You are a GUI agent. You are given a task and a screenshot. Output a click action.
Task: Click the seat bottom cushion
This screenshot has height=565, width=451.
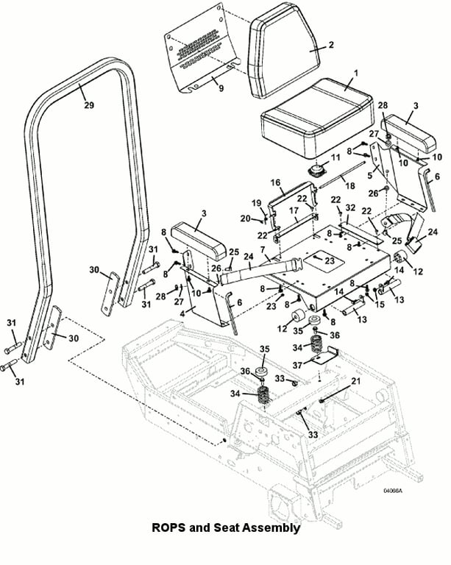(x=317, y=118)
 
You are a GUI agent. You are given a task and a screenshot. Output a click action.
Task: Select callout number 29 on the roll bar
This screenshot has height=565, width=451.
(x=89, y=105)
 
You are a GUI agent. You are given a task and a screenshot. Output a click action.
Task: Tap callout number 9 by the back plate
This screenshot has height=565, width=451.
(x=221, y=88)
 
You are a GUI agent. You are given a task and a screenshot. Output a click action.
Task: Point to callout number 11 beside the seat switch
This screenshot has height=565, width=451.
(x=335, y=157)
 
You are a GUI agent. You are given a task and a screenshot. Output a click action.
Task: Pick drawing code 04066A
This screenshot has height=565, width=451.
(x=393, y=491)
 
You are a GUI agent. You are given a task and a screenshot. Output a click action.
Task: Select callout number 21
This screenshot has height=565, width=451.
(x=355, y=381)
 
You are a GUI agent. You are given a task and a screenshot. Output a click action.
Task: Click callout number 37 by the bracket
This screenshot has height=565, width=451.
(x=297, y=365)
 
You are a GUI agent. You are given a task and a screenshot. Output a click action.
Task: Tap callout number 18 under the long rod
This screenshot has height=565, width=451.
(x=349, y=185)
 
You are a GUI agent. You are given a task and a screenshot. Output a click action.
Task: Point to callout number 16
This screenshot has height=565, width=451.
(x=275, y=182)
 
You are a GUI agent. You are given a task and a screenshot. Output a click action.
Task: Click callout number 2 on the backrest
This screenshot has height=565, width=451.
(x=331, y=45)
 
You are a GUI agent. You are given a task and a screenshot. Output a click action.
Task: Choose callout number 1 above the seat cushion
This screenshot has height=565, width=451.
(x=356, y=73)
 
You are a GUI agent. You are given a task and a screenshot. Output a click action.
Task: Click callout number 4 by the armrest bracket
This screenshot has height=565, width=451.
(x=182, y=313)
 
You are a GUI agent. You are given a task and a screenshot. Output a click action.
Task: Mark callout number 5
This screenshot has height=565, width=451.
(x=369, y=176)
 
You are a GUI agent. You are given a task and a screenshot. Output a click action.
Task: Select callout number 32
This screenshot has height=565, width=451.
(x=350, y=208)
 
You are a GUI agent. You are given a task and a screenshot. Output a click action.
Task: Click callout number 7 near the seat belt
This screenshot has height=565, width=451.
(x=263, y=249)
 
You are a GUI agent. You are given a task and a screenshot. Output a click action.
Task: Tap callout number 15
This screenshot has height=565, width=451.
(x=380, y=305)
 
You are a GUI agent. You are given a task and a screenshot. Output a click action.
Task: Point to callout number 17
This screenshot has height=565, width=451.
(x=294, y=210)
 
